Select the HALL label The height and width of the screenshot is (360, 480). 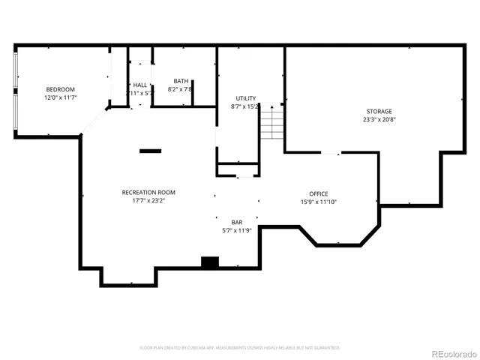click(140, 85)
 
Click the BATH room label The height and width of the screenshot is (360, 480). click(181, 81)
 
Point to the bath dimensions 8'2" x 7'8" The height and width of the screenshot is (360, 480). click(181, 89)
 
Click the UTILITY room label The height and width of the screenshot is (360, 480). click(245, 98)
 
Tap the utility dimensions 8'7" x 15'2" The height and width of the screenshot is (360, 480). click(245, 106)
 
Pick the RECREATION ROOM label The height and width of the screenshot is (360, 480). click(148, 192)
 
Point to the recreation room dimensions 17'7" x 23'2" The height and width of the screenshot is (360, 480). click(148, 200)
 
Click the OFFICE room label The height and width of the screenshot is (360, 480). click(319, 193)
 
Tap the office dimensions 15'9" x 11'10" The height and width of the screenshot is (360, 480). click(319, 202)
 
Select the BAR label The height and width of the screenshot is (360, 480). click(237, 222)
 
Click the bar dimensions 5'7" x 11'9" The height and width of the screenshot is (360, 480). click(237, 230)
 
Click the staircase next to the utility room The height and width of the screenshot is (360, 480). click(271, 121)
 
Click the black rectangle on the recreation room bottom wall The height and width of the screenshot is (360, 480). click(209, 262)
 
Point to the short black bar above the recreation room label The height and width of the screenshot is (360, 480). click(150, 151)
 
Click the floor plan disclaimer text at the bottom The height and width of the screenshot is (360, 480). click(240, 348)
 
